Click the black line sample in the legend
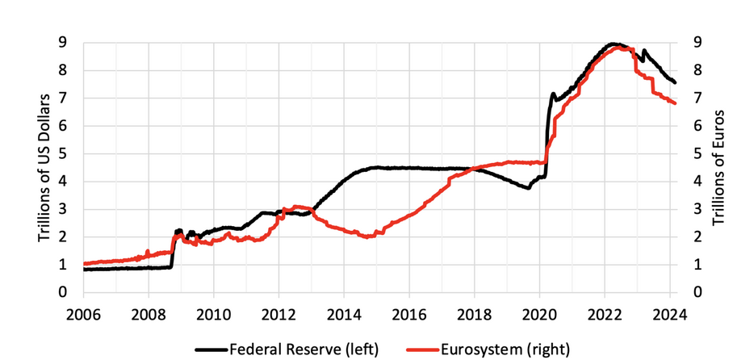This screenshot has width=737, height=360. [211, 349]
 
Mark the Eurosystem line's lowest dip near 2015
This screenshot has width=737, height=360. [368, 237]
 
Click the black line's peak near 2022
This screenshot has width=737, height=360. [613, 44]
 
